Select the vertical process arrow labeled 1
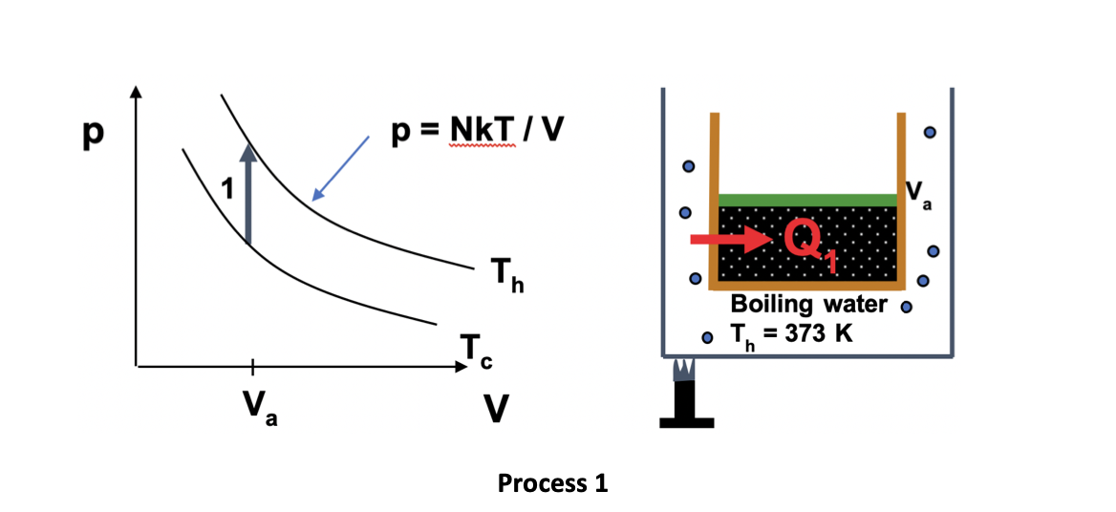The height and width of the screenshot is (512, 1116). click(247, 196)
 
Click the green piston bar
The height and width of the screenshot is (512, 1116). click(808, 200)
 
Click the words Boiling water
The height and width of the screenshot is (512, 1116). click(809, 305)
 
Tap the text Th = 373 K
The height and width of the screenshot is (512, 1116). click(791, 334)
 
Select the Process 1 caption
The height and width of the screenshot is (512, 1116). click(552, 483)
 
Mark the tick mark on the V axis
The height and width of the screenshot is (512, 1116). click(252, 365)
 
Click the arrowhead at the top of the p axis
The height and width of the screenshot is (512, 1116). click(137, 92)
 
